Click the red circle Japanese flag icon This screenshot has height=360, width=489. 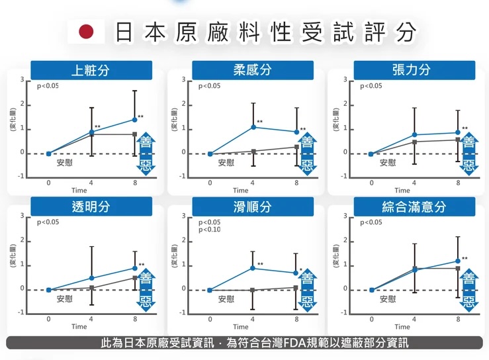[x=87, y=32]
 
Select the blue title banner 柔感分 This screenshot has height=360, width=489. [x=252, y=70]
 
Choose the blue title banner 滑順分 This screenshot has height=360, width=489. [x=252, y=206]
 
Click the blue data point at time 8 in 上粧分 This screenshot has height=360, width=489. [x=135, y=120]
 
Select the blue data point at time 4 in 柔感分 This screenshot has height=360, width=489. [x=253, y=126]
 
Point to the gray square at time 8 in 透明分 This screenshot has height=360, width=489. [x=135, y=278]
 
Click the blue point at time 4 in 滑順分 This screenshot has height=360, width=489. [x=253, y=268]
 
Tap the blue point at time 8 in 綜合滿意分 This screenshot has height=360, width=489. [x=458, y=261]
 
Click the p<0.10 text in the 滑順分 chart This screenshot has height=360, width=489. [x=210, y=230]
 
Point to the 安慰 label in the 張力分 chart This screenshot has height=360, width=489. [x=388, y=162]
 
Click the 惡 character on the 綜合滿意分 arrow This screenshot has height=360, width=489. [x=468, y=304]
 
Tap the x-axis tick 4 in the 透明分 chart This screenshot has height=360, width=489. [x=91, y=318]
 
